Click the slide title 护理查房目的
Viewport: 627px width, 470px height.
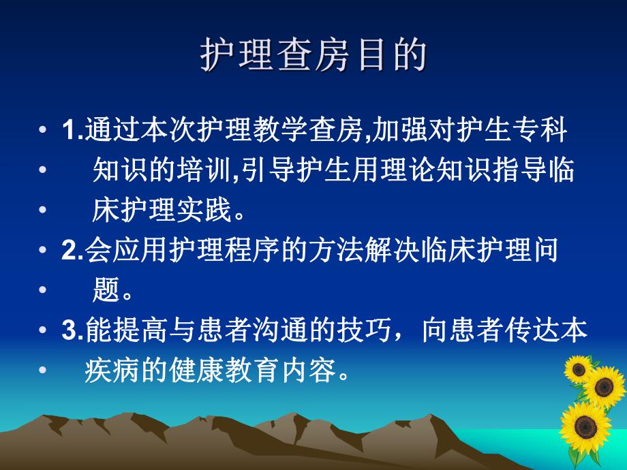(x=313, y=57)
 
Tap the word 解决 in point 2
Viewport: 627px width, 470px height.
(x=369, y=251)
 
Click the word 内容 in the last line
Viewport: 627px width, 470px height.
(x=314, y=371)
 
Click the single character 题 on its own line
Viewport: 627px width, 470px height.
(x=104, y=291)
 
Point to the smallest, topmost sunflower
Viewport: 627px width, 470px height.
(x=579, y=369)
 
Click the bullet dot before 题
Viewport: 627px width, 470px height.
(x=44, y=292)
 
